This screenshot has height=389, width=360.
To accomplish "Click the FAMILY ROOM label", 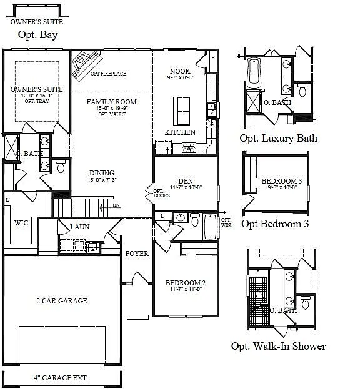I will (111, 102).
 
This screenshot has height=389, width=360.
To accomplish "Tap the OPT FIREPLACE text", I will (108, 74).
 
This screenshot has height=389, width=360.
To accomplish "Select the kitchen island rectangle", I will (182, 111).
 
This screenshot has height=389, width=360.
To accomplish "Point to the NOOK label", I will (180, 72).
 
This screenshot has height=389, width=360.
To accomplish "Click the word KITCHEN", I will (180, 132).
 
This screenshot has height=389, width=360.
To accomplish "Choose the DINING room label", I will (101, 173).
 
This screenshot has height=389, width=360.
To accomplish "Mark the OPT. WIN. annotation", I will (226, 223).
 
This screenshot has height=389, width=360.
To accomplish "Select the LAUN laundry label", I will (81, 227).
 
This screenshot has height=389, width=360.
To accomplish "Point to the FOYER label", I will (136, 254).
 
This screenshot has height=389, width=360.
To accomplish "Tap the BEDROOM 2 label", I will (186, 283).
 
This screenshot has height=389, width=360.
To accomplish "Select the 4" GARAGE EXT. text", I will (61, 378).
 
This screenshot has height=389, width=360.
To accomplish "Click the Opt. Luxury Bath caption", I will (278, 138).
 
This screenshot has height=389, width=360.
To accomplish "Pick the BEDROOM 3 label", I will (282, 181).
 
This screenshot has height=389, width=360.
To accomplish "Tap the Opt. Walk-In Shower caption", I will (278, 346).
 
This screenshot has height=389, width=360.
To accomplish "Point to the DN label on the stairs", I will (116, 205).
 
